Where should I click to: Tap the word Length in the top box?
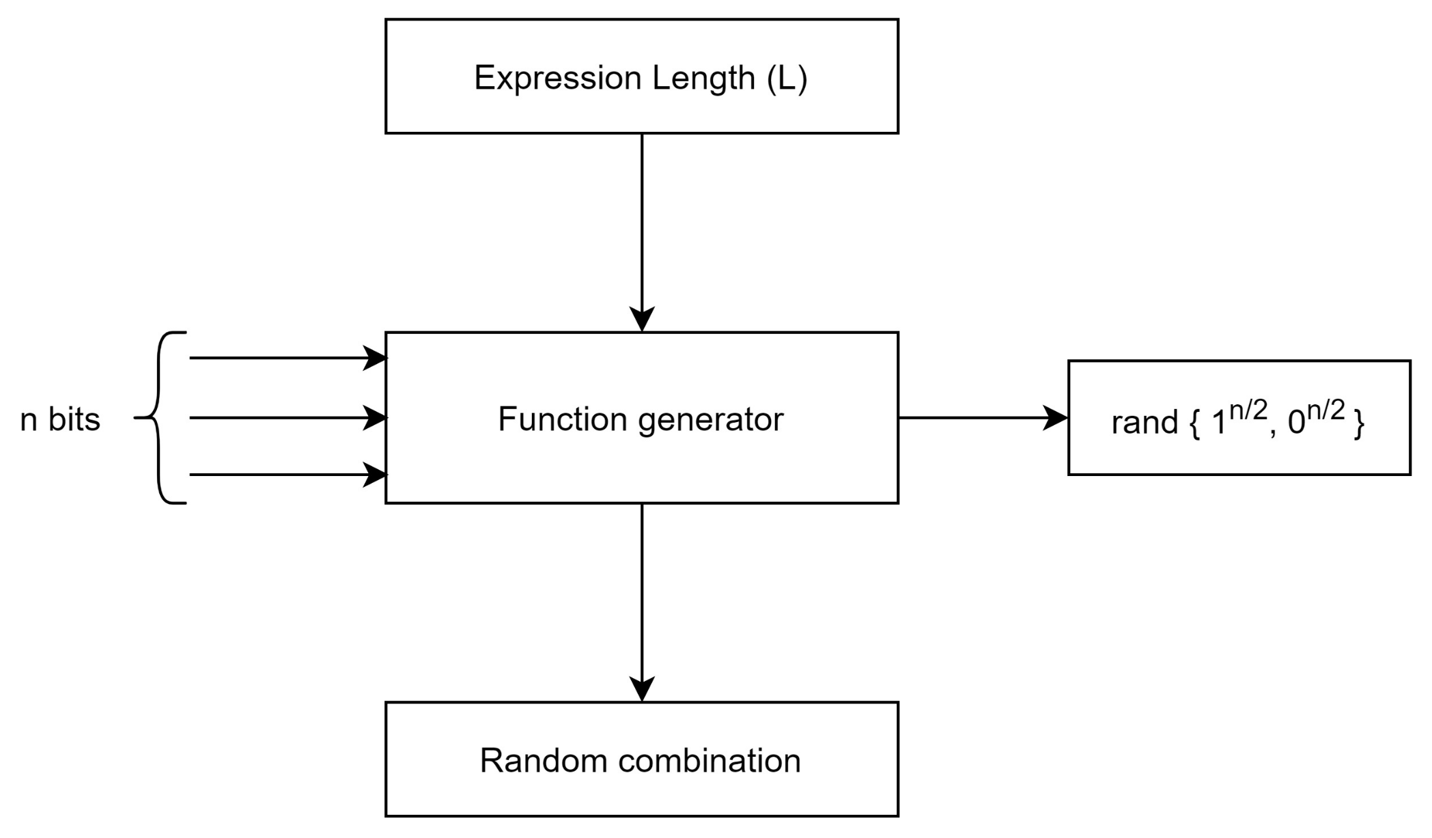(x=703, y=79)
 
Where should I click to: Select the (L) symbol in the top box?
(x=787, y=79)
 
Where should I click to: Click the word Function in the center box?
(x=562, y=419)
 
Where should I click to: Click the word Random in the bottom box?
(x=544, y=760)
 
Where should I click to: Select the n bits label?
(x=60, y=419)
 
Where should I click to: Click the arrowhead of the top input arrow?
(x=375, y=358)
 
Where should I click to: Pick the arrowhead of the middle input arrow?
(x=375, y=418)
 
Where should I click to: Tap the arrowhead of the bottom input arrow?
(x=375, y=475)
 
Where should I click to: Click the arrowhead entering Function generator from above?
(x=642, y=319)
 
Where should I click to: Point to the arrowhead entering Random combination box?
(x=642, y=688)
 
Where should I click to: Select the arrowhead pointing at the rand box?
(x=1056, y=418)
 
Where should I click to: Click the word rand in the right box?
(x=1145, y=423)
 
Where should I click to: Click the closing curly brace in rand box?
(x=1358, y=423)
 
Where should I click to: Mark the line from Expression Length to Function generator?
(x=642, y=219)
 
